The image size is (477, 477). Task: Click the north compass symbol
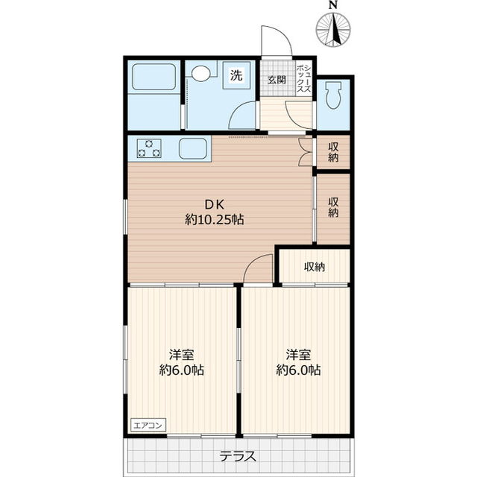click(333, 30)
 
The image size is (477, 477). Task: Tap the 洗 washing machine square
click(236, 75)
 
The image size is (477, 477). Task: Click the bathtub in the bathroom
click(154, 77)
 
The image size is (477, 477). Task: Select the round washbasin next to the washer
click(200, 73)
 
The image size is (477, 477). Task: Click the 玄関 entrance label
click(277, 80)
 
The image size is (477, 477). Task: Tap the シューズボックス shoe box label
click(304, 78)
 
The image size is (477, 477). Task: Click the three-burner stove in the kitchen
click(149, 148)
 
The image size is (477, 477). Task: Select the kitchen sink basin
click(193, 148)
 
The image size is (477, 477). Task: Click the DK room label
click(215, 204)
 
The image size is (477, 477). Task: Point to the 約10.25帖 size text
click(215, 219)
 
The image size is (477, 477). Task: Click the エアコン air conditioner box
click(148, 425)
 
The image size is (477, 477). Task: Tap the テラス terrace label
click(238, 457)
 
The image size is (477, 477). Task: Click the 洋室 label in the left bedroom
click(182, 355)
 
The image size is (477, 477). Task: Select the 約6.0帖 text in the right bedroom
click(298, 370)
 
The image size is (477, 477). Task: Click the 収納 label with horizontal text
click(315, 267)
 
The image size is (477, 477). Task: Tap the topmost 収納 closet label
click(333, 152)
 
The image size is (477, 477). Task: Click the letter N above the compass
click(333, 5)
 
